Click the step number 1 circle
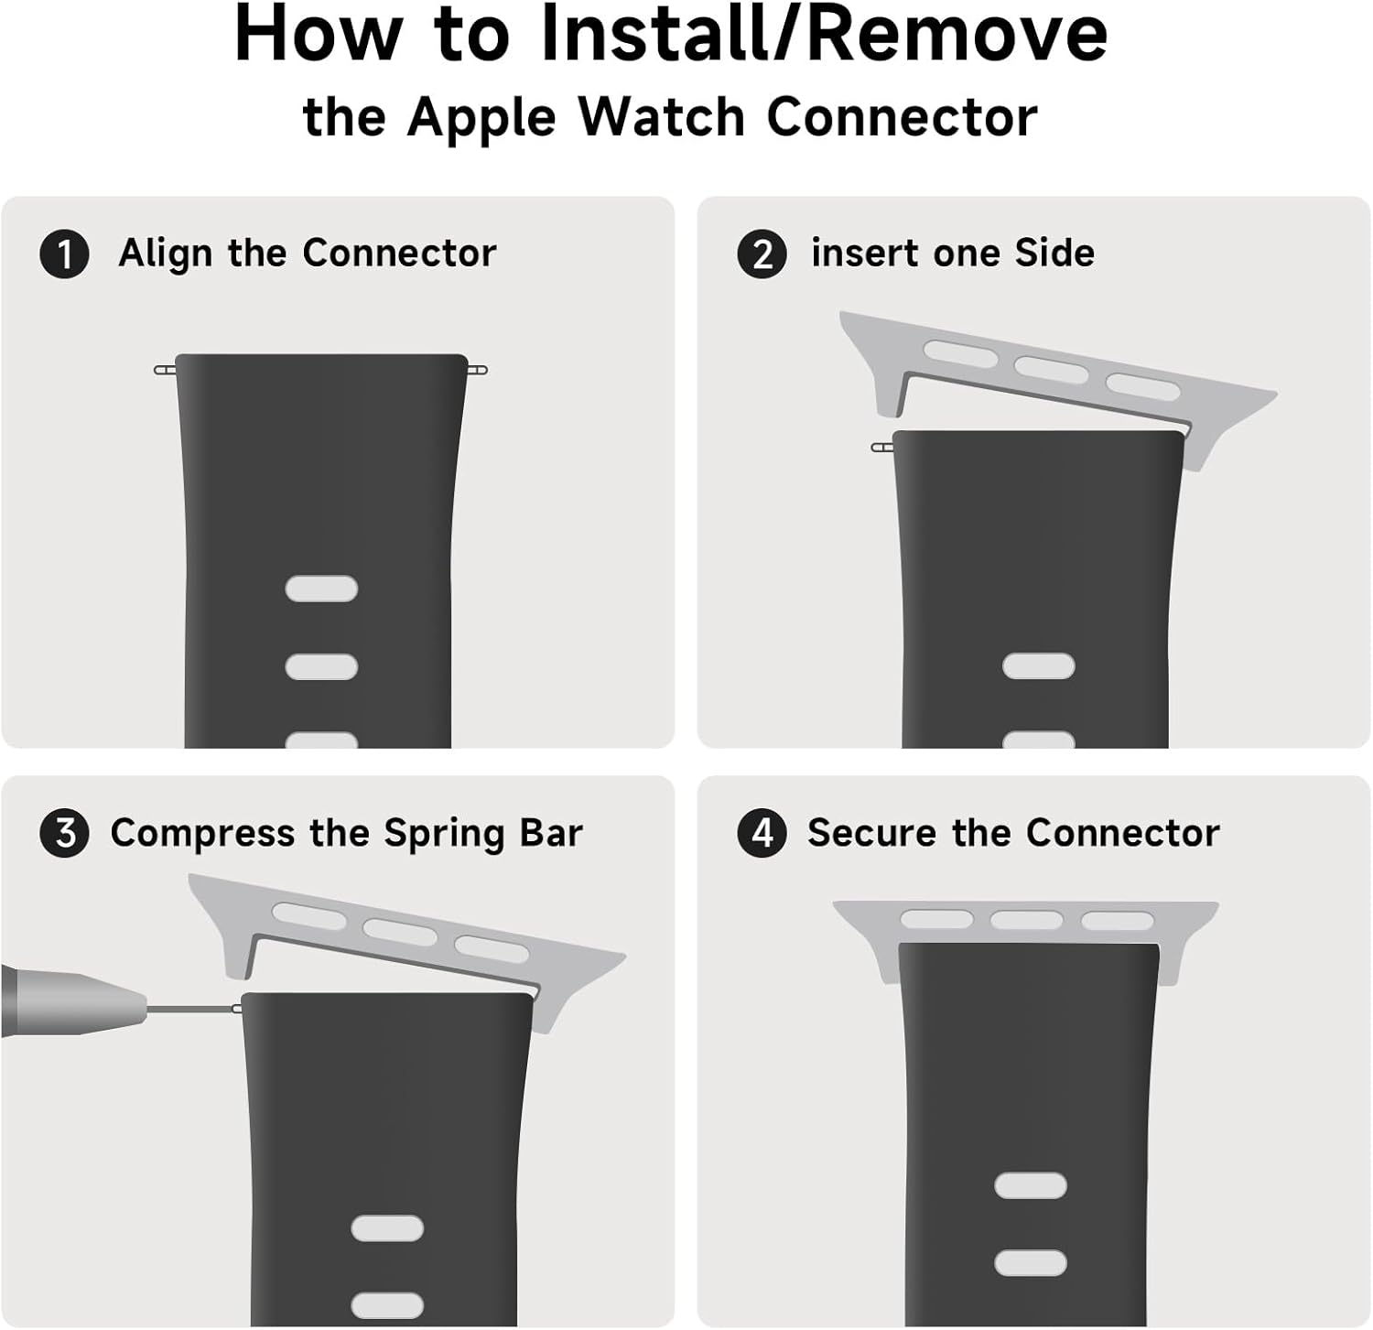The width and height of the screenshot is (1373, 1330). point(64,254)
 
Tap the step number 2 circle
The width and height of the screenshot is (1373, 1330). point(762,254)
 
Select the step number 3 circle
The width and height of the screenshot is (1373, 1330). point(64,833)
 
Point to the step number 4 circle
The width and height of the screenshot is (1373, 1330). point(762,833)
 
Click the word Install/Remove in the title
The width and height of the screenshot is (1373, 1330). point(824,34)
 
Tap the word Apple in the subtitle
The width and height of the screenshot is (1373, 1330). point(481,119)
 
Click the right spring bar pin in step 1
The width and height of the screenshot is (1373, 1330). point(477,370)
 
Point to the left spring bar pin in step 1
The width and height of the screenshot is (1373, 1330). point(166,370)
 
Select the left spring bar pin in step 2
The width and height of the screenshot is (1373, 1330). point(882,448)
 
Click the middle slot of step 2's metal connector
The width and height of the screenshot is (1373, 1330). point(1051,370)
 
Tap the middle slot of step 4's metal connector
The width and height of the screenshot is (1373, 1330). point(1026,919)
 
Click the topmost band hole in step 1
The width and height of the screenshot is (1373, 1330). point(321,589)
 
